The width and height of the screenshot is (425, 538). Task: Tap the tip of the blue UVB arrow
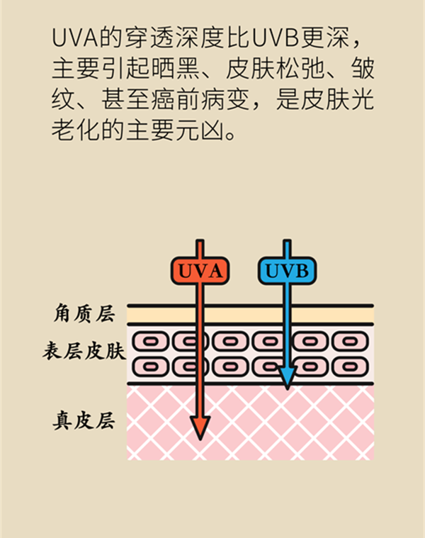[286, 387]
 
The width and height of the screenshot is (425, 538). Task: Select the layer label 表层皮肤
[83, 352]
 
